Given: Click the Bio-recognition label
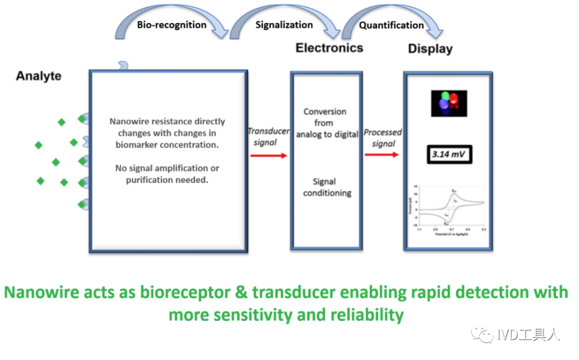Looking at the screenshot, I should coord(172,25).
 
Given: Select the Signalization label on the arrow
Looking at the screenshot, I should coord(284,25).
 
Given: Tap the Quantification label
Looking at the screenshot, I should coord(391,25).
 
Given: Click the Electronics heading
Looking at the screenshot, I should coord(329,48).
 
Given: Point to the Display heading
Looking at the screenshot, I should coord(430,49).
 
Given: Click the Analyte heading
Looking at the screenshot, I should coord(39,76).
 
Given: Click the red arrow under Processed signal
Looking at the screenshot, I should coord(382,155).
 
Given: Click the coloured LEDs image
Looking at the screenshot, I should coord(449,104).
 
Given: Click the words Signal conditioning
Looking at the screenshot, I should coord(327,187).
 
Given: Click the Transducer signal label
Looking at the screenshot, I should coord(268,137).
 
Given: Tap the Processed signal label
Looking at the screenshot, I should coord(383,137).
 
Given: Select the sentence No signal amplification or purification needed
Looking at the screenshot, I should coord(167,174).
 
